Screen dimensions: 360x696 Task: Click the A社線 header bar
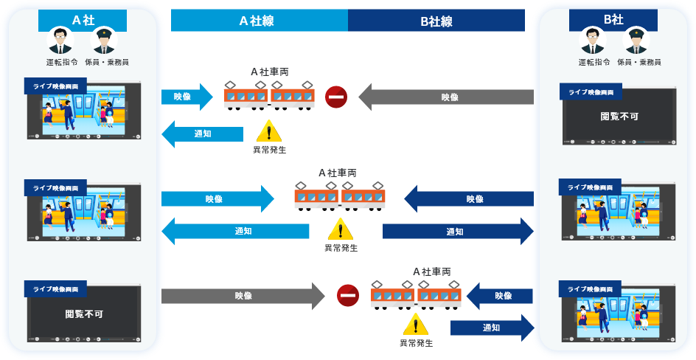(x=259, y=21)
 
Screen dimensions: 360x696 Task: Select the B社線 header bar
(x=436, y=21)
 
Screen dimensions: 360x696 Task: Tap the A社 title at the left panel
(x=83, y=21)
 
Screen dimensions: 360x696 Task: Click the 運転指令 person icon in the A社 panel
(x=60, y=41)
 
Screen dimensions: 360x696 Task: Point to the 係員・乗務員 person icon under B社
(x=636, y=41)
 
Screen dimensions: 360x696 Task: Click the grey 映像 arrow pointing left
(x=445, y=97)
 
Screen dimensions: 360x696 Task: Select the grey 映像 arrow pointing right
(x=243, y=296)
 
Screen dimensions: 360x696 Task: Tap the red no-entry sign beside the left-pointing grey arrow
(x=336, y=97)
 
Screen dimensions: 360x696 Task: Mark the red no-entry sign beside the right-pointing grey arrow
(x=348, y=295)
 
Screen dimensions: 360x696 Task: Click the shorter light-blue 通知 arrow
(x=202, y=134)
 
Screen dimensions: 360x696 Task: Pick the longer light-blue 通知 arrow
(x=235, y=231)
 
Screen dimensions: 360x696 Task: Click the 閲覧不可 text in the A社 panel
(x=84, y=314)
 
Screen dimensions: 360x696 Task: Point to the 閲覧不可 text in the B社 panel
(x=619, y=116)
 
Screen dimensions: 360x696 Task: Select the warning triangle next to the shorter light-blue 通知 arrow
(x=269, y=131)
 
